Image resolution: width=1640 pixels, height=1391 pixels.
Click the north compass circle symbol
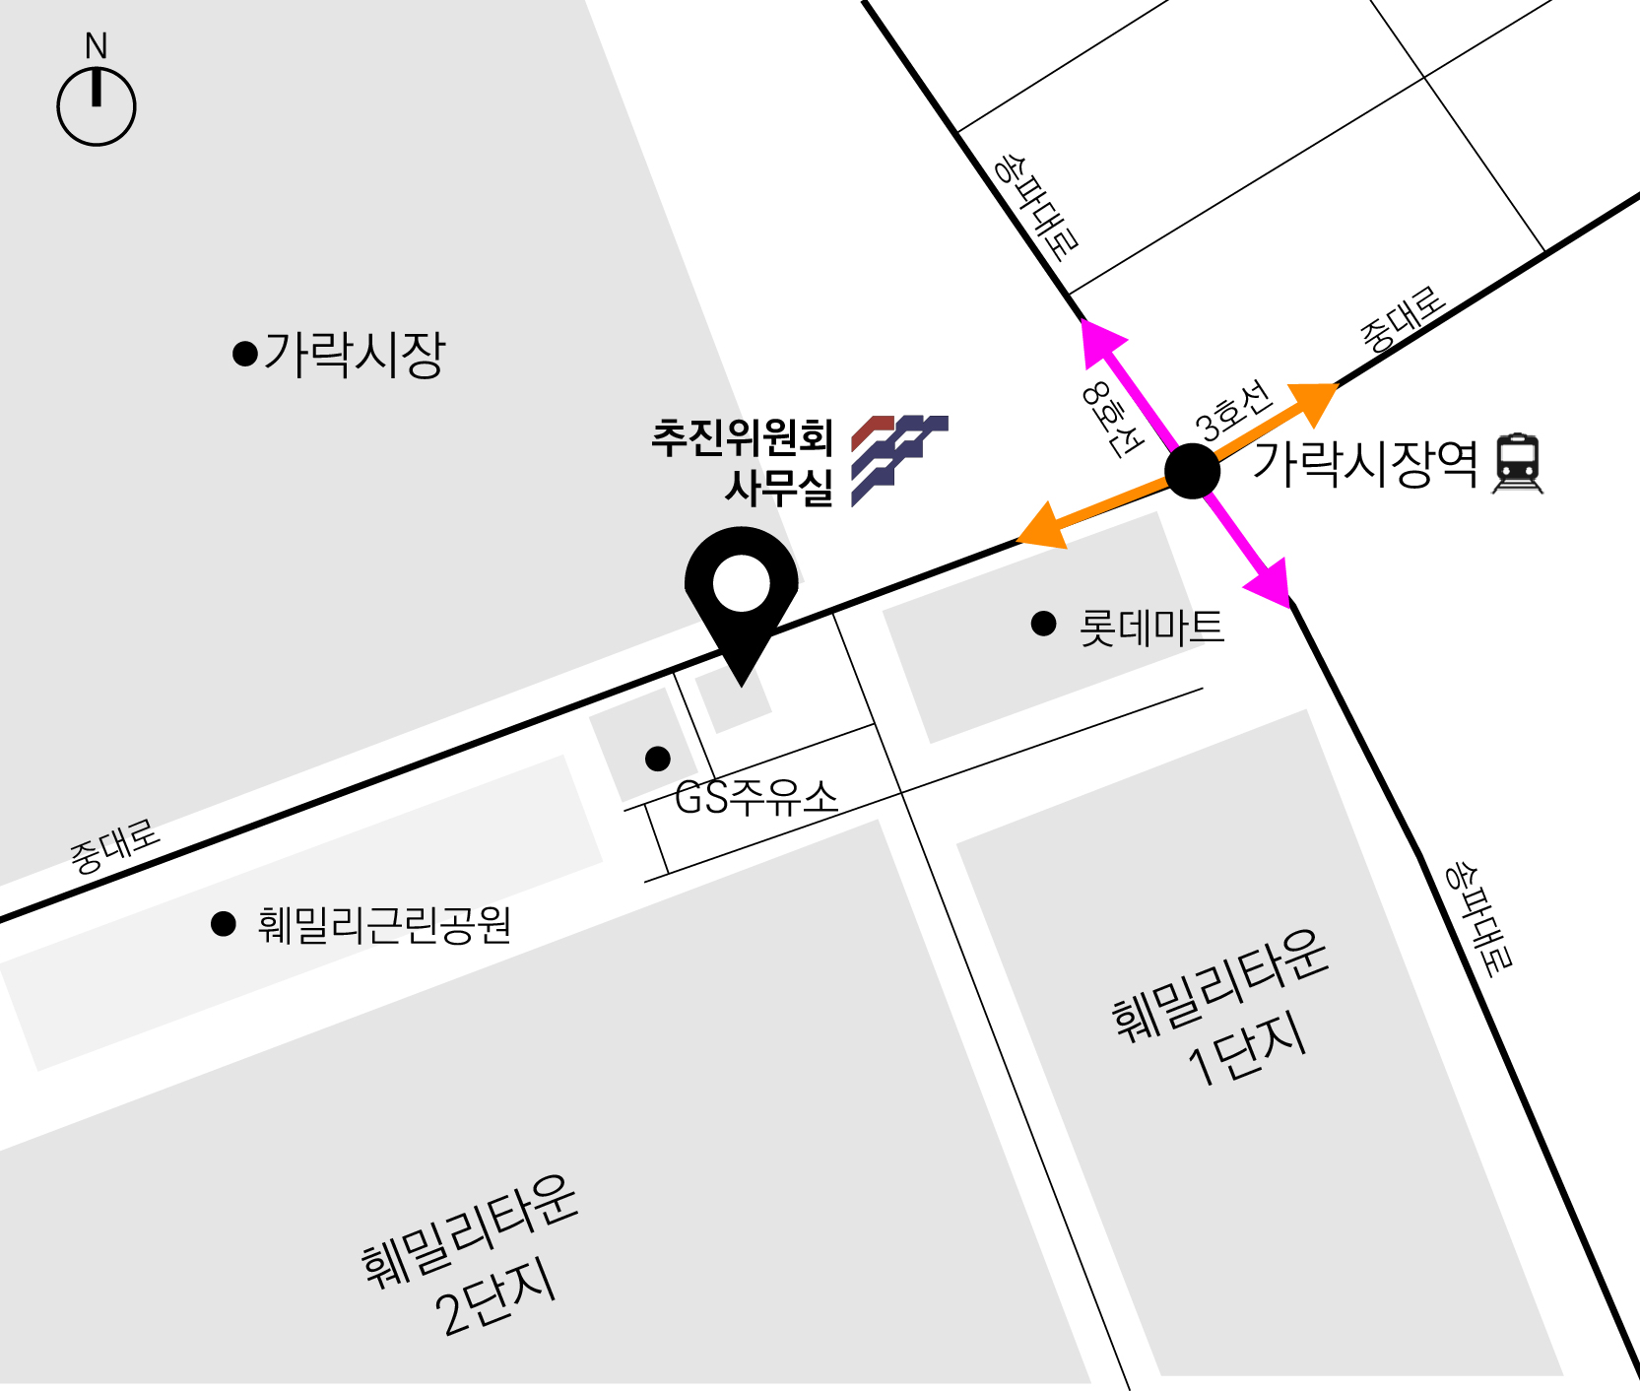pos(96,106)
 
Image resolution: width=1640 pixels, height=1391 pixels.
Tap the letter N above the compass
pos(96,45)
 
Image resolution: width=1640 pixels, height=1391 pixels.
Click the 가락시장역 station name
pos(1365,463)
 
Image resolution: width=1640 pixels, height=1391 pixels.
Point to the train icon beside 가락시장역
pos(1518,463)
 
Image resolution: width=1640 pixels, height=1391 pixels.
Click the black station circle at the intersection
pos(1192,471)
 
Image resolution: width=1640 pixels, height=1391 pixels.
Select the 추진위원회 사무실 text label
pos(744,462)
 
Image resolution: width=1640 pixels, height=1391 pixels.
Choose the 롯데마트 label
pos(1151,628)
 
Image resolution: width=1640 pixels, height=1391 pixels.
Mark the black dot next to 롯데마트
pos(1043,624)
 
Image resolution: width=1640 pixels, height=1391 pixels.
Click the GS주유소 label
pos(756,797)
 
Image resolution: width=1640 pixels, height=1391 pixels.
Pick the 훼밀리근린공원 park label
pos(384,925)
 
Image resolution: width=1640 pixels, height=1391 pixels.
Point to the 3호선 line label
pos(1234,411)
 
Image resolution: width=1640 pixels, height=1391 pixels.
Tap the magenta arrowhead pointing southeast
pos(1271,583)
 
